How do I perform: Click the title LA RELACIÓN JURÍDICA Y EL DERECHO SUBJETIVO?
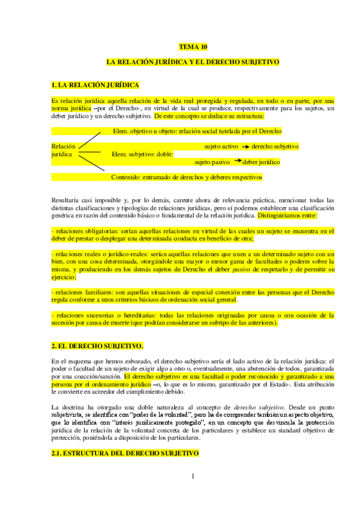point(192,62)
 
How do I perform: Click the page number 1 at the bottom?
point(192,477)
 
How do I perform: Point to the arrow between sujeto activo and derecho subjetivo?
point(246,147)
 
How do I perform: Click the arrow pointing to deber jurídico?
point(237,161)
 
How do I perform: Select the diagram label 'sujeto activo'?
point(221,147)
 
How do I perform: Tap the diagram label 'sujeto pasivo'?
point(212,162)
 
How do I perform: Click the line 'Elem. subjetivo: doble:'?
point(142,154)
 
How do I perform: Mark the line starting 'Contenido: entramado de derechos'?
point(187,177)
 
